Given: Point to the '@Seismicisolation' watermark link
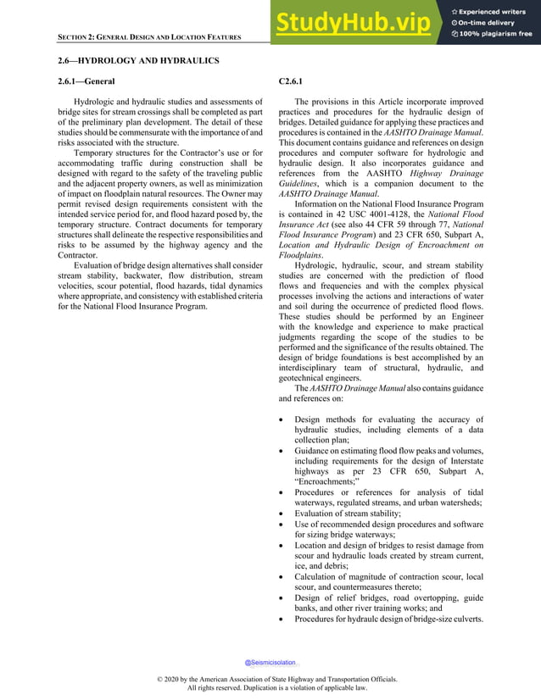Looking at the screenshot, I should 270,662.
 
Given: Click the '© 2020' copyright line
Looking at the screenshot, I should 270,680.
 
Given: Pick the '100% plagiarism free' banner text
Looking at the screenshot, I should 497,34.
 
